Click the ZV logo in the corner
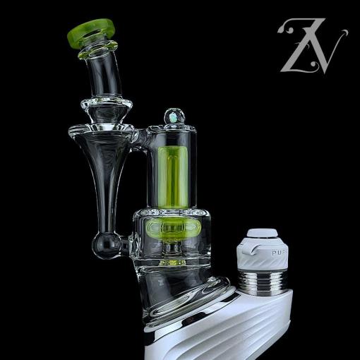(x=310, y=46)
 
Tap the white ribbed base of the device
(x=240, y=328)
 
